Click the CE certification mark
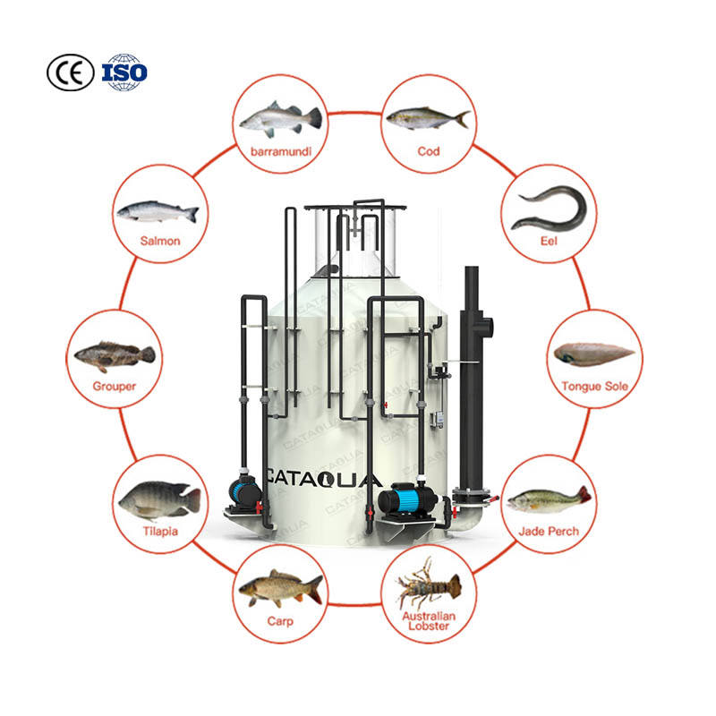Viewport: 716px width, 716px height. [70, 72]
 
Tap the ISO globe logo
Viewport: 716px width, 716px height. [124, 72]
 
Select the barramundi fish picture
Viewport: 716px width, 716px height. [279, 118]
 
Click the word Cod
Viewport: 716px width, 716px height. [428, 151]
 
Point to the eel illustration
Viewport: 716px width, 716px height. [548, 207]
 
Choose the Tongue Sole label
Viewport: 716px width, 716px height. [594, 387]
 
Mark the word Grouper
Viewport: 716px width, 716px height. [115, 387]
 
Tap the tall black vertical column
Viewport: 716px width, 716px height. [471, 376]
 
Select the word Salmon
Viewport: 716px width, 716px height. [160, 241]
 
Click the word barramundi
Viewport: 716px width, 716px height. [280, 151]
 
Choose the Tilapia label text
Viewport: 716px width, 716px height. [159, 532]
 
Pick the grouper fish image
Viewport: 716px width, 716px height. [114, 355]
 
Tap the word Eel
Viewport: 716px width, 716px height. [548, 241]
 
